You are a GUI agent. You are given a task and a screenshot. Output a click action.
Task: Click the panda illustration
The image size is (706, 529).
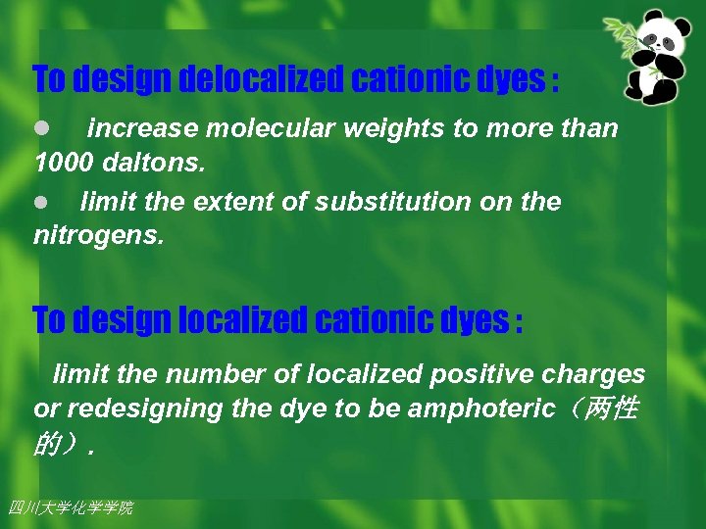point(663,59)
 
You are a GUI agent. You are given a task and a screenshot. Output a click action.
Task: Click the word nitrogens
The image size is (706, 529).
point(94,236)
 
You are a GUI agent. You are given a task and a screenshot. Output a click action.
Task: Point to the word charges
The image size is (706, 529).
point(598,374)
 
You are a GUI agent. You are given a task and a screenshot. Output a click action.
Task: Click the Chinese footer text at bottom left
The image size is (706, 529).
point(70,507)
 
